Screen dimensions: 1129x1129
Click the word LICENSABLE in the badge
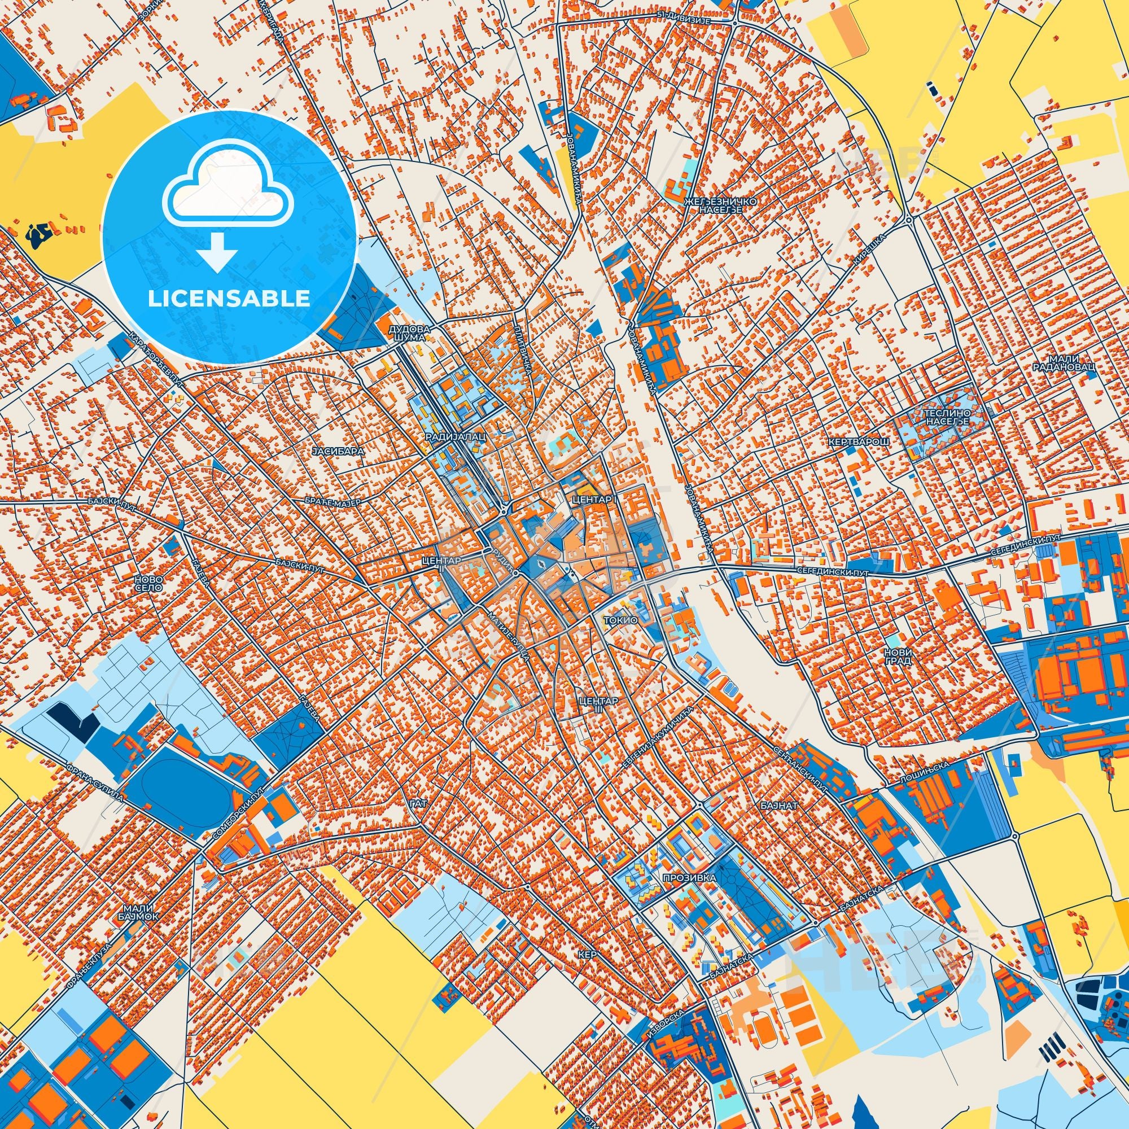(229, 299)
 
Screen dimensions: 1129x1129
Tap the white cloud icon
(229, 192)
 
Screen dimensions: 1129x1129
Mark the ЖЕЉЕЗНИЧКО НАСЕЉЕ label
(720, 205)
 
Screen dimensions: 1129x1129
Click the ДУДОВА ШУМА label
(413, 333)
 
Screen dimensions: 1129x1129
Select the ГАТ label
(418, 804)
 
